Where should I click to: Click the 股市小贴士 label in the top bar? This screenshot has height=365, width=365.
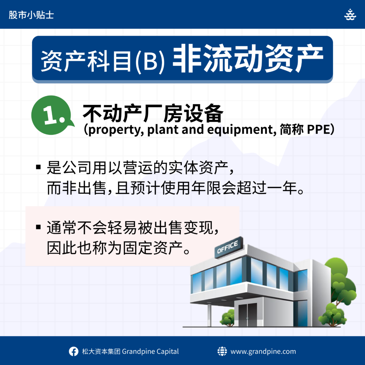pyautogui.click(x=31, y=15)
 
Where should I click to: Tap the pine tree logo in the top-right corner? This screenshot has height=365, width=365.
pyautogui.click(x=350, y=14)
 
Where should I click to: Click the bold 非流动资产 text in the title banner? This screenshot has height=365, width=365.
pyautogui.click(x=248, y=58)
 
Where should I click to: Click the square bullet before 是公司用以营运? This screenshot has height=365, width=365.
pyautogui.click(x=38, y=167)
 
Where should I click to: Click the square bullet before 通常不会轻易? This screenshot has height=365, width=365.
pyautogui.click(x=38, y=227)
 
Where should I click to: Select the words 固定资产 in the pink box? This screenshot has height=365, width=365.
pyautogui.click(x=153, y=248)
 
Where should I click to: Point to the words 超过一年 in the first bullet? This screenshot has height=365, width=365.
pyautogui.click(x=267, y=188)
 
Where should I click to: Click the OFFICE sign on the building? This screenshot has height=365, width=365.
pyautogui.click(x=228, y=247)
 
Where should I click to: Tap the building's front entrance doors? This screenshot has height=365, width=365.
pyautogui.click(x=247, y=314)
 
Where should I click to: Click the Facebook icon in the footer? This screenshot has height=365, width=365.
pyautogui.click(x=73, y=351)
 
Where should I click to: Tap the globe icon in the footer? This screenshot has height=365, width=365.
pyautogui.click(x=222, y=351)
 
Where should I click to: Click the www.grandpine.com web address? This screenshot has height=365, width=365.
pyautogui.click(x=263, y=351)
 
